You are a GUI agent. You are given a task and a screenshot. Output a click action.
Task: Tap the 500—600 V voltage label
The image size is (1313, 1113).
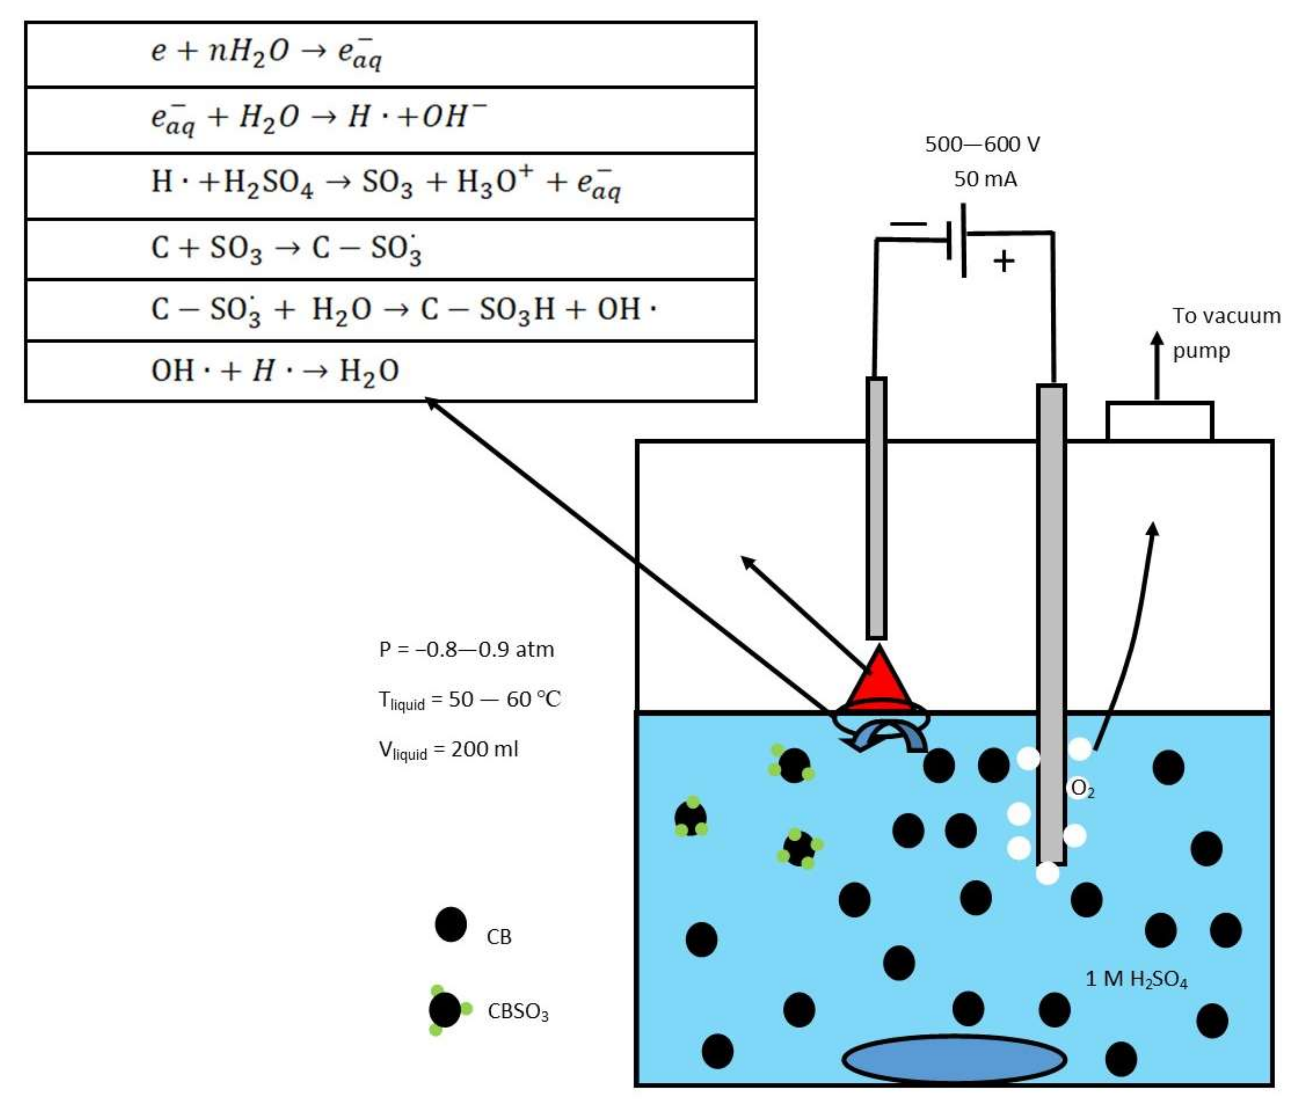982,144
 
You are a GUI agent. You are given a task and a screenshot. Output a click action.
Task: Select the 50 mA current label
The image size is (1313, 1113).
985,179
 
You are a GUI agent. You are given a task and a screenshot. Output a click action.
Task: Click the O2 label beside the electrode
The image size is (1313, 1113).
1082,788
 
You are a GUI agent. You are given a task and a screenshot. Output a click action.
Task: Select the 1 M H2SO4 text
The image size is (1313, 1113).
1136,979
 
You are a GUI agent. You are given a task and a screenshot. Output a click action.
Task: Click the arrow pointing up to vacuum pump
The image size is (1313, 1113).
1156,366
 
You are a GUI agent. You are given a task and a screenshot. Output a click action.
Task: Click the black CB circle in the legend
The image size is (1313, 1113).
451,925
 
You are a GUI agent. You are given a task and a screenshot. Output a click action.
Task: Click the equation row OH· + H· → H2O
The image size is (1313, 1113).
274,370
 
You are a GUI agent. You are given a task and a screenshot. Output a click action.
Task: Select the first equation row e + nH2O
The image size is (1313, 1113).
265,53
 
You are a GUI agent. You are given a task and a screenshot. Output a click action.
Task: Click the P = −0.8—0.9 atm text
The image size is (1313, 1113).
466,649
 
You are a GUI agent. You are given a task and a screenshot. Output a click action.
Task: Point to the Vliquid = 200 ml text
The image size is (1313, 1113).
448,750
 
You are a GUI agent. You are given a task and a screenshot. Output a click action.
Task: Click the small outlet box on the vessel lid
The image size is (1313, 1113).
1159,421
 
